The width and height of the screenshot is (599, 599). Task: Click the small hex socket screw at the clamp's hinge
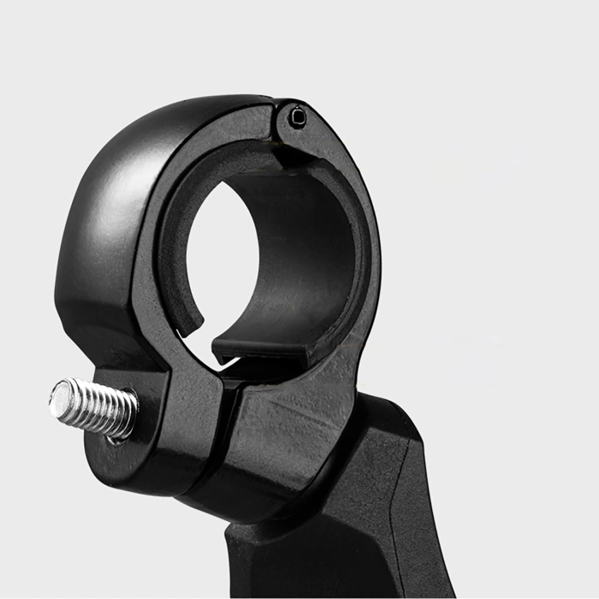297,116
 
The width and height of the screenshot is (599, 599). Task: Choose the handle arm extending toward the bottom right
377,513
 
